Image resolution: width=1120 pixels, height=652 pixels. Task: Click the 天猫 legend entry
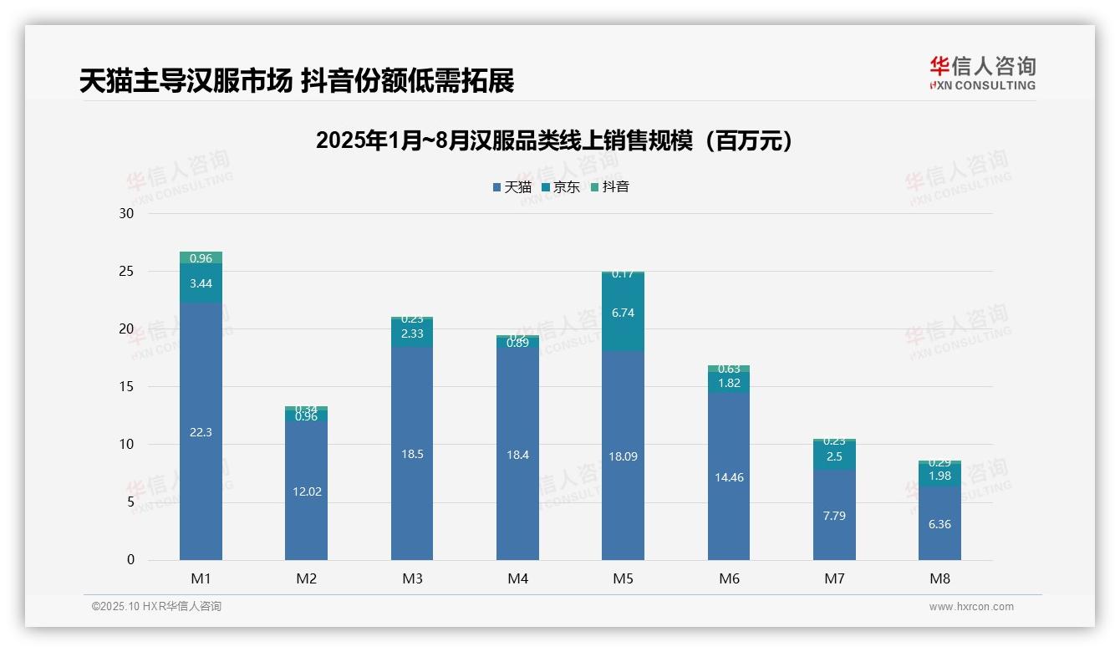tap(512, 187)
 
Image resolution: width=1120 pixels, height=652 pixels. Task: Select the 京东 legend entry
tap(561, 187)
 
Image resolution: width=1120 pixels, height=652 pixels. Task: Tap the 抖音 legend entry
tap(610, 187)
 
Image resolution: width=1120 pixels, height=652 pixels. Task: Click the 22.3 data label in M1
tap(201, 432)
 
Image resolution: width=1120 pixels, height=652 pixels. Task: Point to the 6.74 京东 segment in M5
tap(623, 313)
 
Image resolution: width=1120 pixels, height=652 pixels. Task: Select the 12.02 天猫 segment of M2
tap(307, 492)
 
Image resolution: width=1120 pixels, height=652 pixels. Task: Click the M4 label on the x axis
tap(517, 578)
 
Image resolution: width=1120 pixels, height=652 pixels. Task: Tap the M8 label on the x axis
tap(939, 578)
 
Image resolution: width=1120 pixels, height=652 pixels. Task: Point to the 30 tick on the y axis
tap(127, 213)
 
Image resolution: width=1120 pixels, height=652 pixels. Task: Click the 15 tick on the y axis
tap(127, 387)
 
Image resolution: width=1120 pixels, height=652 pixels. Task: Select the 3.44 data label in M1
tap(201, 283)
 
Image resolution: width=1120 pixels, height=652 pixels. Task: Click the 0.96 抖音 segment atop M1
tap(201, 258)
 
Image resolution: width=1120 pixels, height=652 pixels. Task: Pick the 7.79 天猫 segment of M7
tap(834, 516)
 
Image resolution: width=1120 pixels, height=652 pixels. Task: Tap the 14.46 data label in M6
tap(728, 477)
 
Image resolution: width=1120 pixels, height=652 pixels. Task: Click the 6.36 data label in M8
tap(939, 524)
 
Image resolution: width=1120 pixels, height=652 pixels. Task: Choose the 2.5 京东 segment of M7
tap(834, 456)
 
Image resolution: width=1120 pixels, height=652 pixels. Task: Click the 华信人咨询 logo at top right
tap(982, 73)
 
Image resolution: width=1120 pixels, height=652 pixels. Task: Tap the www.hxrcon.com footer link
tap(971, 607)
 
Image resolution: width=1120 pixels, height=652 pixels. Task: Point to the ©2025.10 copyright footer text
tap(156, 607)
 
